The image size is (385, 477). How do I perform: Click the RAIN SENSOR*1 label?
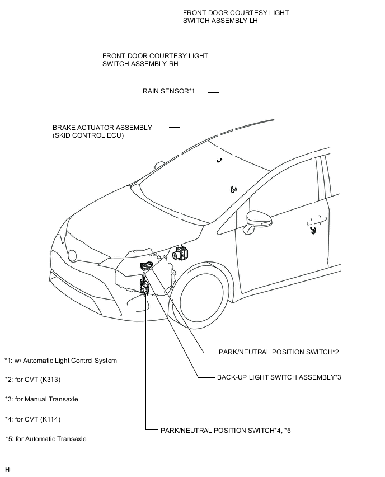[168, 91]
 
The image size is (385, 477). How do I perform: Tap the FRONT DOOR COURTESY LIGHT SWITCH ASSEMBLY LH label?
[236, 17]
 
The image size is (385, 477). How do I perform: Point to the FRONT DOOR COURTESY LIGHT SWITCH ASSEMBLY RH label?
[155, 60]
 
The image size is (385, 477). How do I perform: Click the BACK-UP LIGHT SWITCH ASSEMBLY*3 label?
[279, 377]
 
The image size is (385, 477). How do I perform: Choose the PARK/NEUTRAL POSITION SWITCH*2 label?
[279, 352]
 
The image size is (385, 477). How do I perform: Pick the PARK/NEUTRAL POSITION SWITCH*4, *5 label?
[226, 431]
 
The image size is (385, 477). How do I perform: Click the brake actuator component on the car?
[181, 253]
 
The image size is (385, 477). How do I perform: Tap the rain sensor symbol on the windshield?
[219, 160]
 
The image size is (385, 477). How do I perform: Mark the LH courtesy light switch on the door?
[313, 230]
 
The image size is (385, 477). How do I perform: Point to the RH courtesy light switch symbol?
[233, 189]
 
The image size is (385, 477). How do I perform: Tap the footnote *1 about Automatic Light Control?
[61, 361]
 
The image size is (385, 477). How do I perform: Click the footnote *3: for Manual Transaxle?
[41, 399]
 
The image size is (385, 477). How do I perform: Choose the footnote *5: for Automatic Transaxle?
[46, 439]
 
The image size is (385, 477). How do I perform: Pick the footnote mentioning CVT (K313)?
[32, 380]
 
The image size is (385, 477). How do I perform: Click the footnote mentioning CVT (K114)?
[32, 419]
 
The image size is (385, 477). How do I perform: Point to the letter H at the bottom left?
[7, 470]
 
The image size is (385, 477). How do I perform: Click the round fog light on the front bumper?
[72, 255]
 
